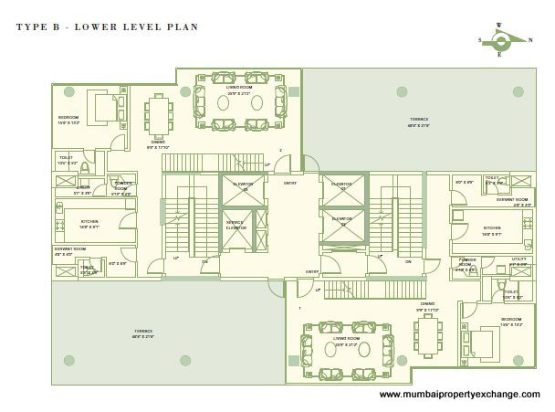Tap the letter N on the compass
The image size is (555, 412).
pos(530,40)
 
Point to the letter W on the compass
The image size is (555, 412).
pos(498,26)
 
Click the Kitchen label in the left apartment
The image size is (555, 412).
pos(89,222)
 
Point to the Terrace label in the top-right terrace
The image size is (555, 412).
pos(419,120)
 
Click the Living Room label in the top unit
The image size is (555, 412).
pos(239,90)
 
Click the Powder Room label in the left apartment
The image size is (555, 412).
pos(122,186)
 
